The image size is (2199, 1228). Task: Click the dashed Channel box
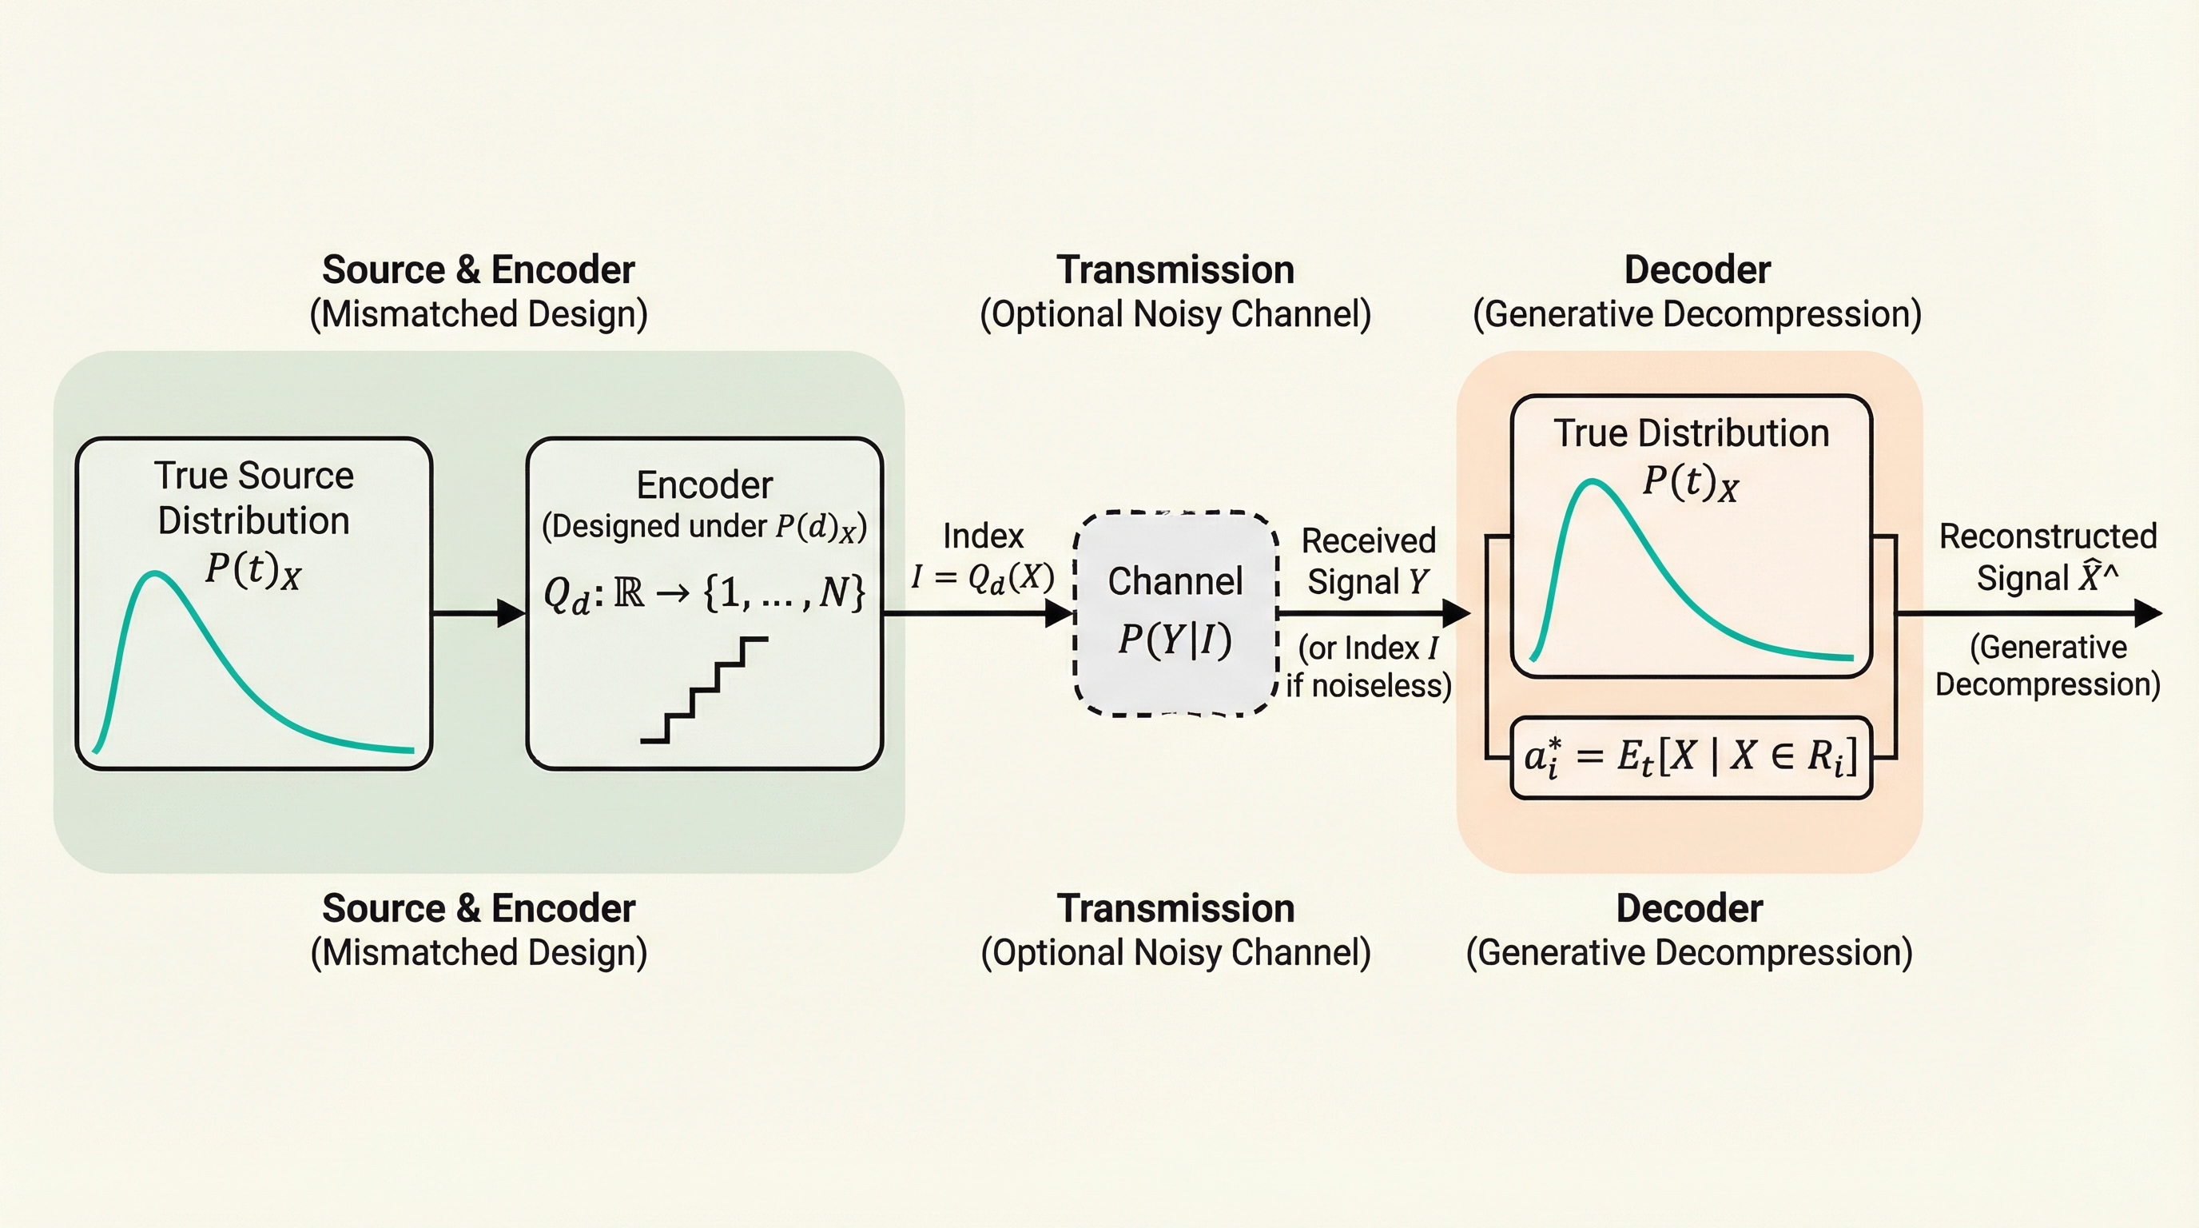pyautogui.click(x=1175, y=613)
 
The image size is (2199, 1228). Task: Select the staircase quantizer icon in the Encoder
pyautogui.click(x=704, y=690)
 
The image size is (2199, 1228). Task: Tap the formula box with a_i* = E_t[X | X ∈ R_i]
pyautogui.click(x=1690, y=757)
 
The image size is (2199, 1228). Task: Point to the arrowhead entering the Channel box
pyautogui.click(x=1060, y=613)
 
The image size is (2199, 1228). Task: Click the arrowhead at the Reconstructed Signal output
pyautogui.click(x=2148, y=613)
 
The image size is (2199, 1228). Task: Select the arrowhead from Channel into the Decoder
pyautogui.click(x=1457, y=613)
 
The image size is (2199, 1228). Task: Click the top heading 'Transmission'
pyautogui.click(x=1175, y=270)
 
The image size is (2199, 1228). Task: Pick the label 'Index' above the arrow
pyautogui.click(x=983, y=536)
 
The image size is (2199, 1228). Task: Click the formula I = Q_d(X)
pyautogui.click(x=983, y=578)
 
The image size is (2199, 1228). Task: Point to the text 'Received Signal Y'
pyautogui.click(x=1369, y=561)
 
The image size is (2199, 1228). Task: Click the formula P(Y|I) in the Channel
pyautogui.click(x=1175, y=639)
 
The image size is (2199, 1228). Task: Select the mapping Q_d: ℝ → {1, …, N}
pyautogui.click(x=704, y=592)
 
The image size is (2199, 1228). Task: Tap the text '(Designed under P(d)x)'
pyautogui.click(x=704, y=526)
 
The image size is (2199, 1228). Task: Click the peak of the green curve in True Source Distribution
pyautogui.click(x=154, y=574)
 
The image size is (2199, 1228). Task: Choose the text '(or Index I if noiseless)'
pyautogui.click(x=1369, y=666)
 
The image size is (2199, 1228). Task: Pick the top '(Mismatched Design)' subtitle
pyautogui.click(x=478, y=314)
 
